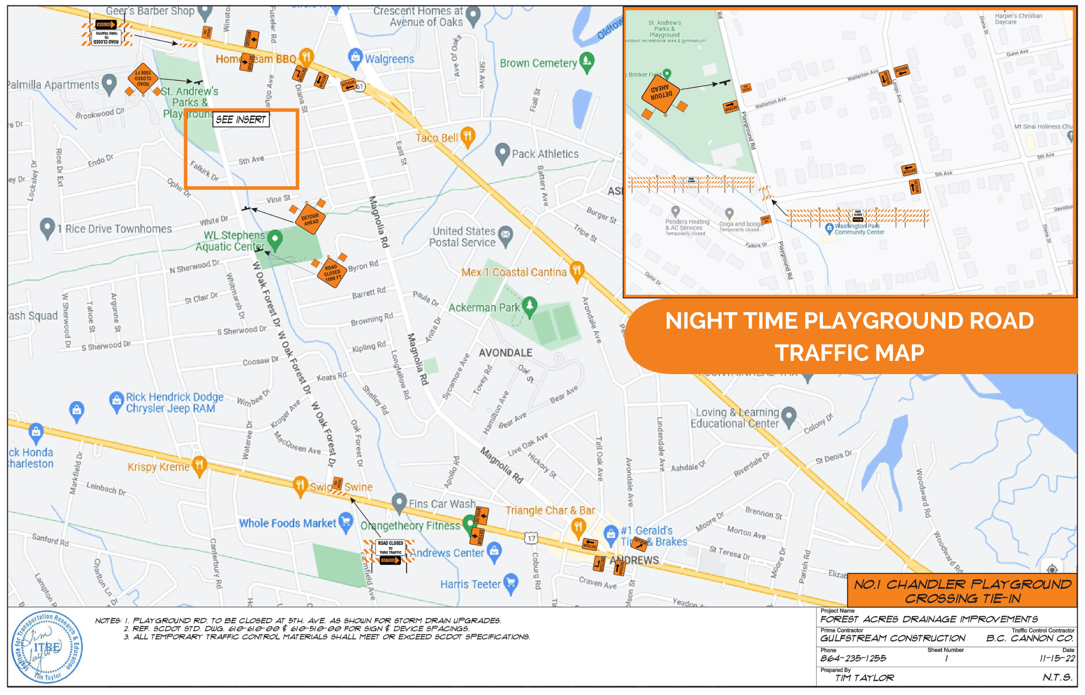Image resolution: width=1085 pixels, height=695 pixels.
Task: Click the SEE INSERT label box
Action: click(241, 120)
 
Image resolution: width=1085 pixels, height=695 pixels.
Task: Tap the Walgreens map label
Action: click(389, 59)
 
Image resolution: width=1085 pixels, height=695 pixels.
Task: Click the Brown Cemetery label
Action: click(538, 63)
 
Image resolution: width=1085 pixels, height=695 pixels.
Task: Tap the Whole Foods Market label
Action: click(287, 523)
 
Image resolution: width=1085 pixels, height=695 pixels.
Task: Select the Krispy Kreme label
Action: click(158, 467)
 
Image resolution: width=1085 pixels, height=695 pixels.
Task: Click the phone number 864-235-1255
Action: click(853, 659)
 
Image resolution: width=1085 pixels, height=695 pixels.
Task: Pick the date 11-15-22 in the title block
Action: click(1057, 659)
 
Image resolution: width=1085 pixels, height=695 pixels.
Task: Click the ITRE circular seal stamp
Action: click(46, 647)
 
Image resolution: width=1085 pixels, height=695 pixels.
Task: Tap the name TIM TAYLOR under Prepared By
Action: click(864, 678)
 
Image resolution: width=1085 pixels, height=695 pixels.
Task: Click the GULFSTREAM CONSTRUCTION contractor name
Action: click(892, 638)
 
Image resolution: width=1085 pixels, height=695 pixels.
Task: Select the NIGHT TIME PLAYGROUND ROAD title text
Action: click(849, 321)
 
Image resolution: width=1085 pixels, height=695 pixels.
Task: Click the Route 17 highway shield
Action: click(531, 538)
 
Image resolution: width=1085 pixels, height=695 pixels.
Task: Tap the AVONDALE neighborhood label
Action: click(505, 353)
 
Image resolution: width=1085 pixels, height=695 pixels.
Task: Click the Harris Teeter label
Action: click(470, 584)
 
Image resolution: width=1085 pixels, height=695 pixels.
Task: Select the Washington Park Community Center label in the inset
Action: click(858, 229)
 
